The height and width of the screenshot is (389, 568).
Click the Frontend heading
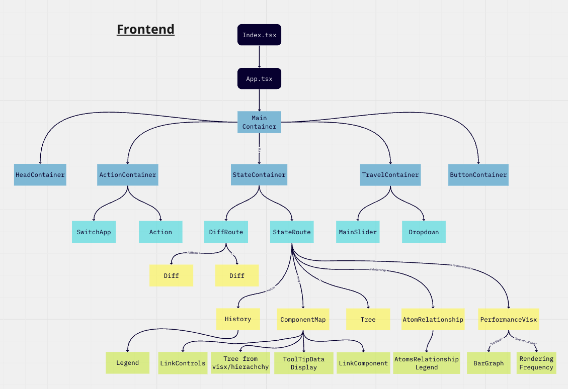[145, 29]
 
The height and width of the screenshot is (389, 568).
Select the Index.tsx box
[259, 35]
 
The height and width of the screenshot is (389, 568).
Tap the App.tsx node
[259, 79]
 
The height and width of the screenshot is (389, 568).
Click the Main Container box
[259, 122]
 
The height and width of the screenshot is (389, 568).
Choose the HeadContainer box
[40, 175]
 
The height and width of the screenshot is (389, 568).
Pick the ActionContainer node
[128, 175]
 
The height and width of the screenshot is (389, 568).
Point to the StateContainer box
[259, 175]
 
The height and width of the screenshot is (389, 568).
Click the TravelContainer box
[390, 175]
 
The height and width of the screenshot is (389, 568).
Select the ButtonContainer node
[478, 175]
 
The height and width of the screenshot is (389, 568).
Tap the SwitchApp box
[94, 232]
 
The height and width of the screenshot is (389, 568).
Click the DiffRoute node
[226, 232]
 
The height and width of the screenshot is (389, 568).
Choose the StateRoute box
[292, 232]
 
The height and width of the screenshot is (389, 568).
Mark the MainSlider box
[358, 232]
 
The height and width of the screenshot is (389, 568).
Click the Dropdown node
[424, 232]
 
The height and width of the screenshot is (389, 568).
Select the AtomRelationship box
[433, 319]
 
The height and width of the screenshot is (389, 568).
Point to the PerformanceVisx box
[508, 319]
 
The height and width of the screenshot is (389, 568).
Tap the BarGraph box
[489, 363]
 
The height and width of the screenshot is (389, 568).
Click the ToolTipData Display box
[304, 363]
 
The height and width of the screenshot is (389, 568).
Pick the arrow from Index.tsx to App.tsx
[259, 56]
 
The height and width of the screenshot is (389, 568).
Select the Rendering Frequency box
[536, 363]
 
